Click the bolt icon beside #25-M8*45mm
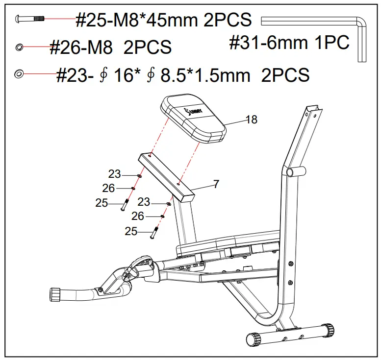31,19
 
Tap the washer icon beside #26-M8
19,47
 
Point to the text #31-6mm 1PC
289,43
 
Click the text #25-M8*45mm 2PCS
163,20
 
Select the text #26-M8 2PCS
110,48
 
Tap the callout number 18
251,120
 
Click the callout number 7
216,184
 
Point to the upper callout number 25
102,203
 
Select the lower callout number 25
131,231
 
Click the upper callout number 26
108,188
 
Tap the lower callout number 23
144,202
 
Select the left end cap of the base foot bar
252,339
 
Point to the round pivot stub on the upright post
295,172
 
